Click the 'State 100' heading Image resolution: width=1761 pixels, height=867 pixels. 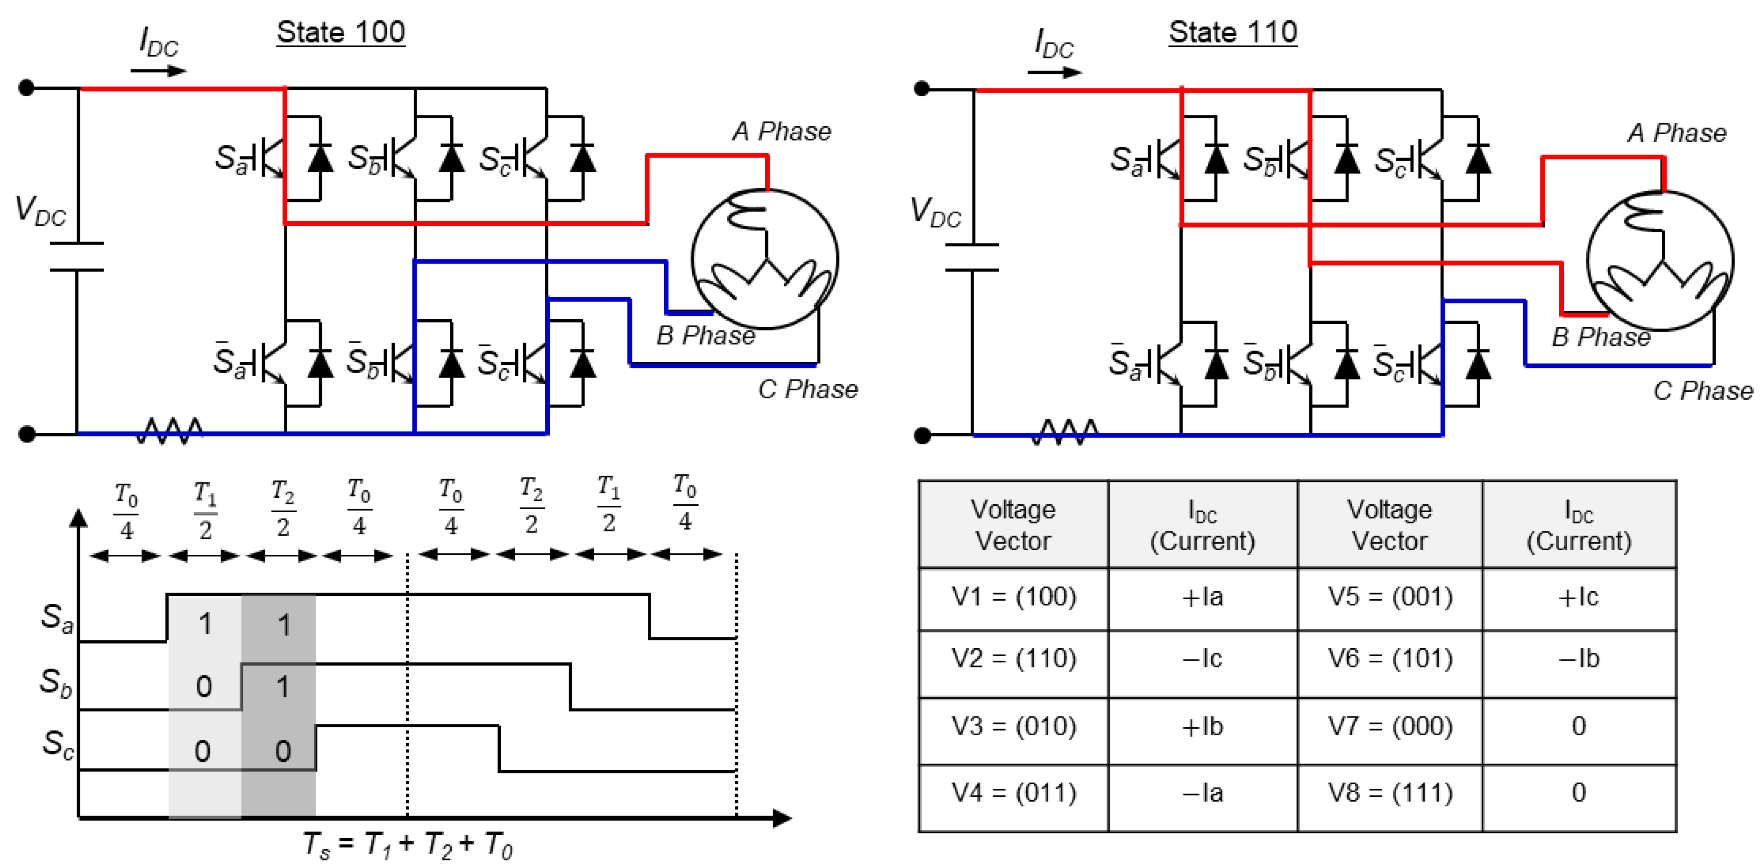tap(341, 32)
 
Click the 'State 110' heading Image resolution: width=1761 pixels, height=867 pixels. tap(1233, 32)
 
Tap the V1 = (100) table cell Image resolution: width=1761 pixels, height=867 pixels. tap(1013, 597)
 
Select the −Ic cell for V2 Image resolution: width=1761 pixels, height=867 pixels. tap(1202, 659)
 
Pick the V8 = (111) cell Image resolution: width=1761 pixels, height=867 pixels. tap(1390, 793)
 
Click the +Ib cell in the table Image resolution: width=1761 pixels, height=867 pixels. tap(1202, 726)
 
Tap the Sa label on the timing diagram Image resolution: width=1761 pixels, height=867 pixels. tap(56, 617)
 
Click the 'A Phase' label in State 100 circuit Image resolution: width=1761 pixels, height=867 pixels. tap(781, 131)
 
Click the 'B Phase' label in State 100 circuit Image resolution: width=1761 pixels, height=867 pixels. tap(705, 336)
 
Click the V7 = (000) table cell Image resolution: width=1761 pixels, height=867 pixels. tap(1390, 726)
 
